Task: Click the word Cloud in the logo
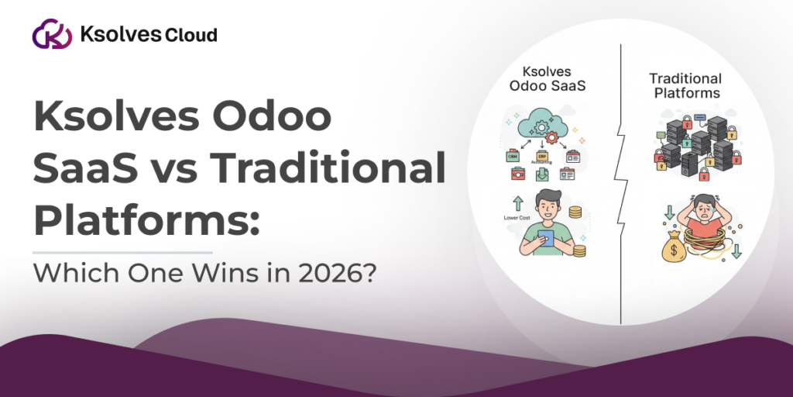(x=190, y=35)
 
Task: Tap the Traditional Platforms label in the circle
(x=685, y=86)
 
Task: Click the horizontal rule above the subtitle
(x=122, y=252)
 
